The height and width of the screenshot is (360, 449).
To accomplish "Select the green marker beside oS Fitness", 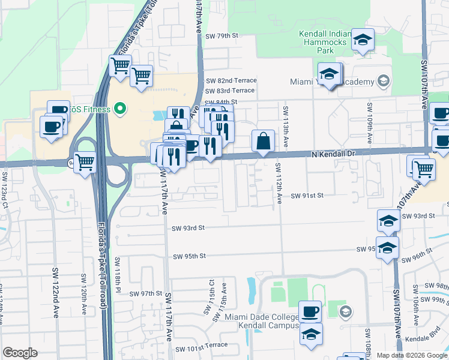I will pyautogui.click(x=119, y=109).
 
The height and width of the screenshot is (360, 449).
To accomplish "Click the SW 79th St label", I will pyautogui.click(x=221, y=36).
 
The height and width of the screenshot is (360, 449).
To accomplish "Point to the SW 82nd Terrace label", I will pyautogui.click(x=231, y=80).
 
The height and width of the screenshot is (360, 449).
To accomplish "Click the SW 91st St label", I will pyautogui.click(x=307, y=196).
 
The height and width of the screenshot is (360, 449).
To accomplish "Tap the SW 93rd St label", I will pyautogui.click(x=188, y=228).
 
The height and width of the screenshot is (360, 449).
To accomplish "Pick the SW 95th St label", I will pyautogui.click(x=189, y=256).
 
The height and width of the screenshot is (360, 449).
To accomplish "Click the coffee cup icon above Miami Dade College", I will pyautogui.click(x=310, y=311).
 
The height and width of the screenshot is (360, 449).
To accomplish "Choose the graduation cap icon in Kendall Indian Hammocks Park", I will pyautogui.click(x=362, y=40).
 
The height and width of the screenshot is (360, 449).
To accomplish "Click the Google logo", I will pyautogui.click(x=20, y=353).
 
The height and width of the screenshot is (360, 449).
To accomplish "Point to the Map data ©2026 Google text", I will pyautogui.click(x=412, y=355).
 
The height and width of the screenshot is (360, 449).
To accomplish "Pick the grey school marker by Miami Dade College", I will pyautogui.click(x=345, y=311).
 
